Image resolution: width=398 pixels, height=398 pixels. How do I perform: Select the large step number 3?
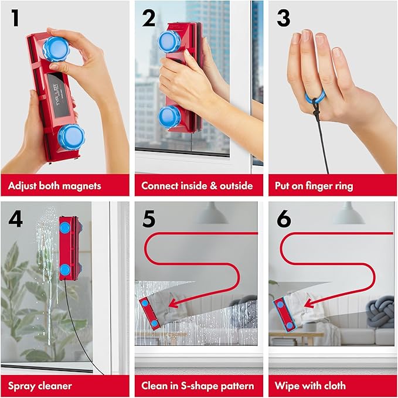pos(283,18)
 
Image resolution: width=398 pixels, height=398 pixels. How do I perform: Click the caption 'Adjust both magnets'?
pos(55,186)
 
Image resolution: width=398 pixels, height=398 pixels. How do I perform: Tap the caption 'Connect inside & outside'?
pos(197,186)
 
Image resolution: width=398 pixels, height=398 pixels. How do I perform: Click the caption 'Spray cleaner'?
pos(40,386)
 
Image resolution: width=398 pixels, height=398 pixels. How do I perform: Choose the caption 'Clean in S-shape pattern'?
pos(198,386)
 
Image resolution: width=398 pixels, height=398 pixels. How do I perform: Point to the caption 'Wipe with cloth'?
pos(310,386)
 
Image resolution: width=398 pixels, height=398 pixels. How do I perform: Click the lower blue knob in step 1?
pos(72,137)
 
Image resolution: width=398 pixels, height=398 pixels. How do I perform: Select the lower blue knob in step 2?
pos(171,115)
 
